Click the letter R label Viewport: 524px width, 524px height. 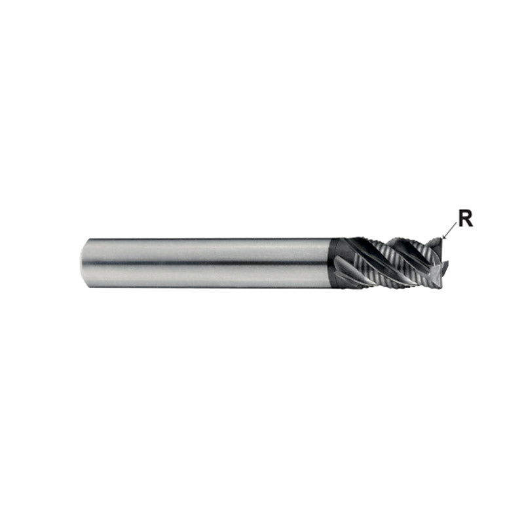pyautogui.click(x=466, y=219)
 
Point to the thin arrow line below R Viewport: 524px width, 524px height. pyautogui.click(x=449, y=230)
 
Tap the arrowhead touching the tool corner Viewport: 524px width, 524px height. pyautogui.click(x=444, y=236)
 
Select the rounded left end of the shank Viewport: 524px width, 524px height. pyautogui.click(x=83, y=263)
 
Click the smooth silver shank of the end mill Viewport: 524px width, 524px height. pyautogui.click(x=207, y=263)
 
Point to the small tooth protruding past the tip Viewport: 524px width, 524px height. pyautogui.click(x=446, y=265)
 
